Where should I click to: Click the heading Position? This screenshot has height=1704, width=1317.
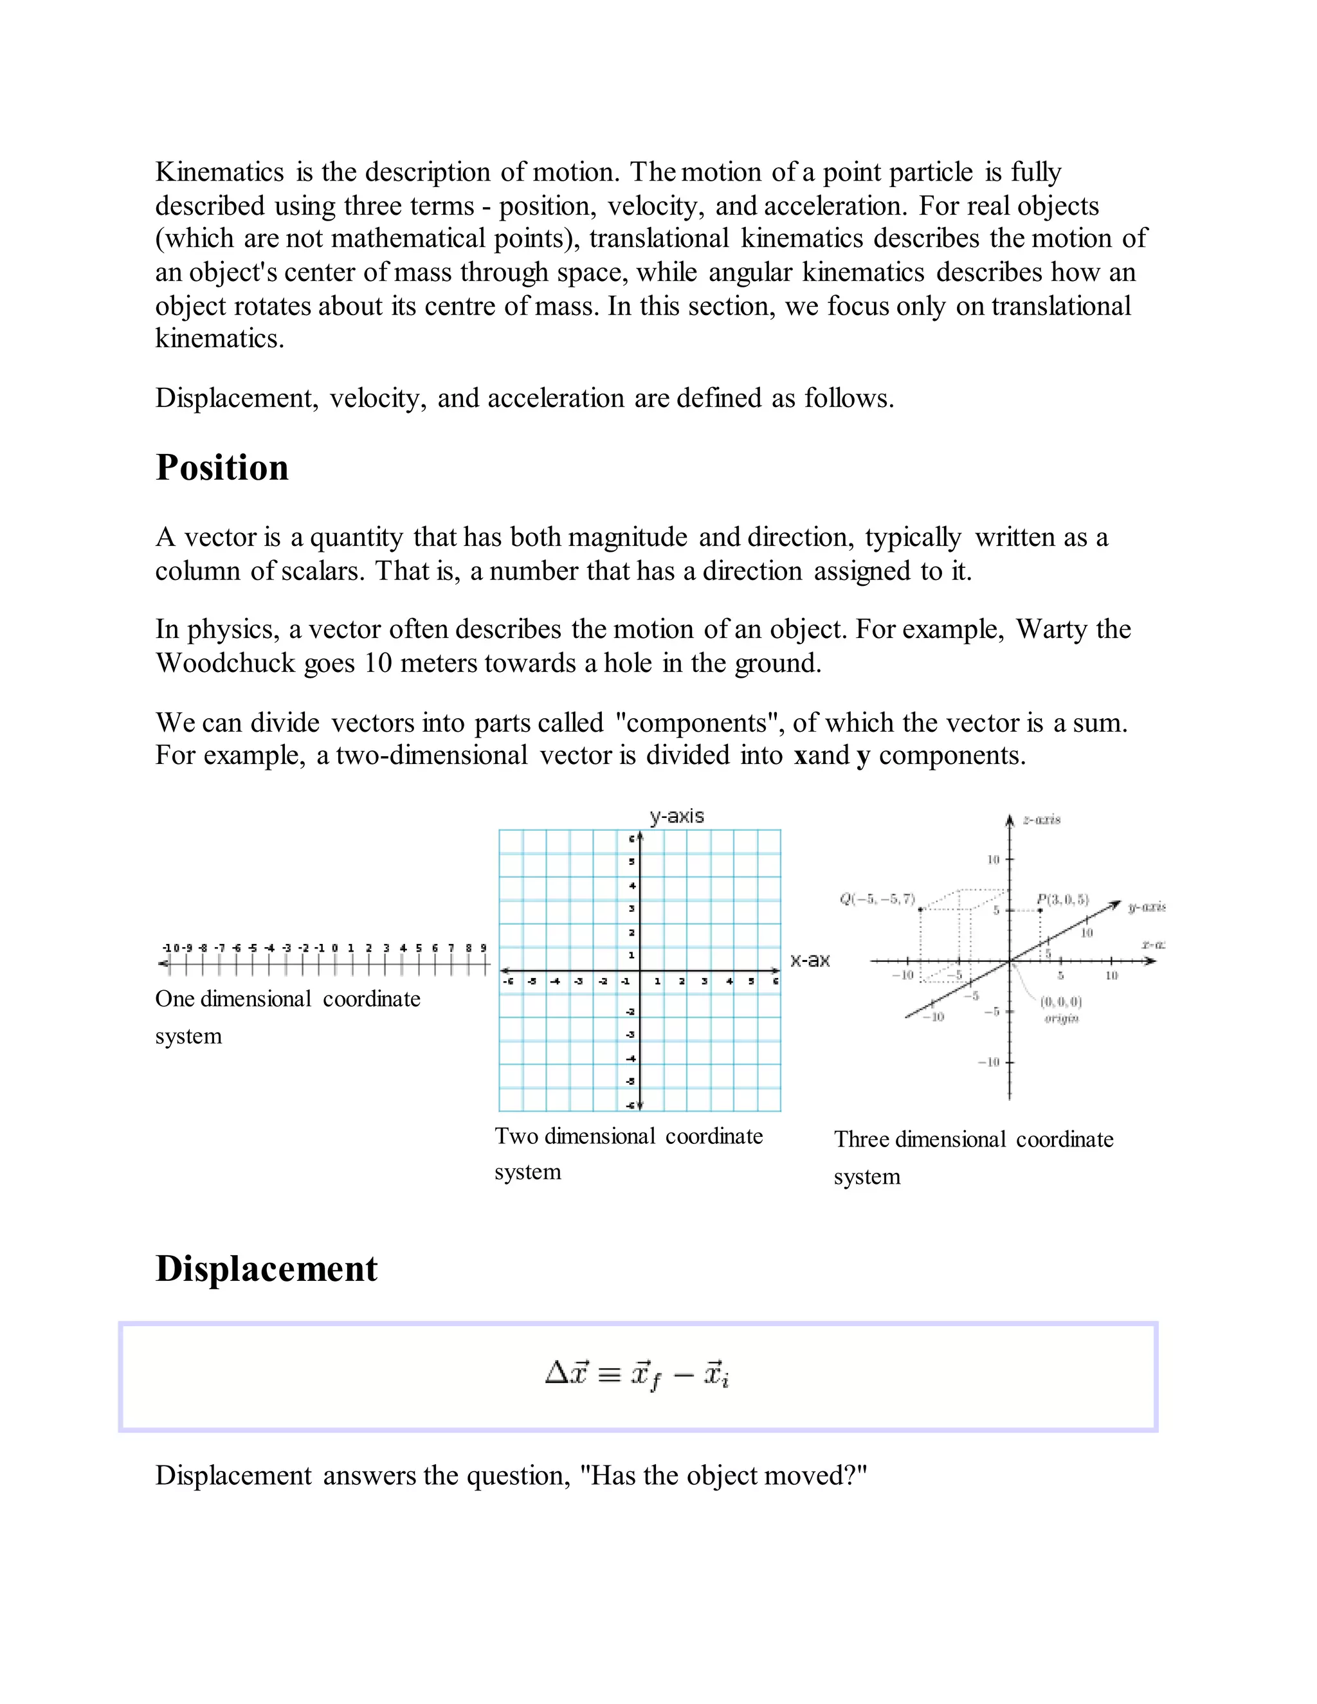coord(223,468)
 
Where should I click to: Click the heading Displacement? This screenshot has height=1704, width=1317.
coord(266,1269)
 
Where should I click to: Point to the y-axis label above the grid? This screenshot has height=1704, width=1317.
coord(677,816)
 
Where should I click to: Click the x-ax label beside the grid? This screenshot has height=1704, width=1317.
coord(809,961)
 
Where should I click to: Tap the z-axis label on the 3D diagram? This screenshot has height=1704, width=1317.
coord(1042,820)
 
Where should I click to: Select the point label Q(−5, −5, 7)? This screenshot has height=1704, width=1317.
coord(877,900)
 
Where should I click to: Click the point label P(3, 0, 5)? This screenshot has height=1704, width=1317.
coord(1062,900)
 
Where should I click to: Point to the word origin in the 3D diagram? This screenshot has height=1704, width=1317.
coord(1061,1018)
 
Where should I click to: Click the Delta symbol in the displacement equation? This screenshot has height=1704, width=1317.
coord(556,1372)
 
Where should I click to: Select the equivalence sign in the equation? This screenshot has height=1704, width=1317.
coord(608,1374)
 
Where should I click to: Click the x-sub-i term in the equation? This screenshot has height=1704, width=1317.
coord(716,1374)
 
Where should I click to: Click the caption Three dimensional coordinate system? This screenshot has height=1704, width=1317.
coord(973,1140)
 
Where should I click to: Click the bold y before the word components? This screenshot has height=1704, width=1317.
coord(862,757)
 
